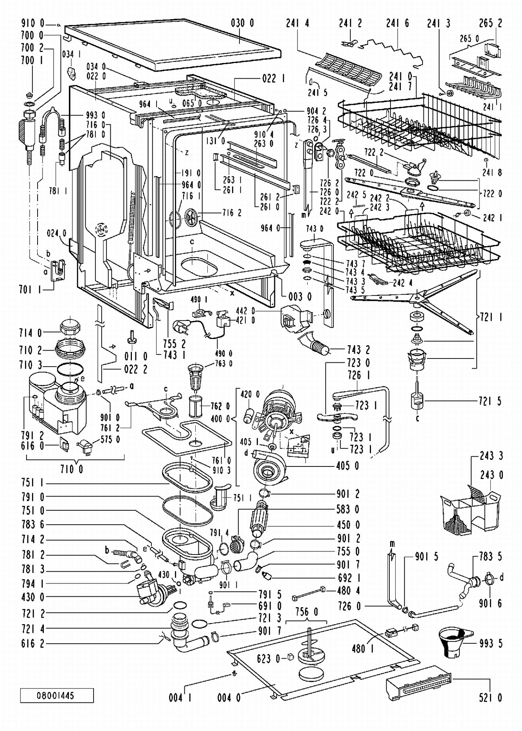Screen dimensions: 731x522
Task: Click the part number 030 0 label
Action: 242,23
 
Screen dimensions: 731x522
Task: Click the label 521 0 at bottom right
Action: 491,698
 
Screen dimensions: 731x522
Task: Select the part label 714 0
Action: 30,333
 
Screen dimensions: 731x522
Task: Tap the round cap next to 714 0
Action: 71,327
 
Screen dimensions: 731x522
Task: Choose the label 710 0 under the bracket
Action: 71,470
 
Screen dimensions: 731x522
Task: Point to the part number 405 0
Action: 347,466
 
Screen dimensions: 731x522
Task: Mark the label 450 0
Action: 348,525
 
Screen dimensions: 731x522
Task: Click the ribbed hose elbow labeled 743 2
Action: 314,346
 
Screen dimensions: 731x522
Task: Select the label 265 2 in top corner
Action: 491,23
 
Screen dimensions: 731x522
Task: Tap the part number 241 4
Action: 298,23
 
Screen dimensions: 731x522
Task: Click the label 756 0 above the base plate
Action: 306,612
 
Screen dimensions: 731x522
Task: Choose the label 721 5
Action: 490,401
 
